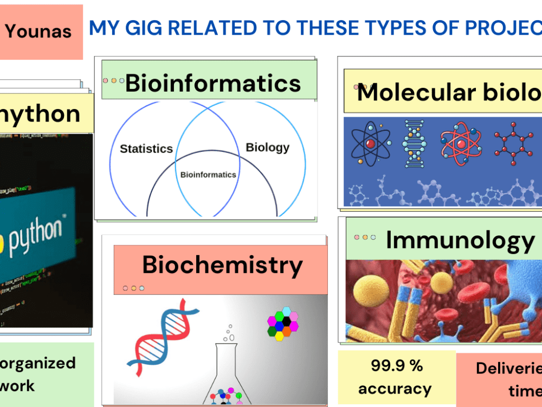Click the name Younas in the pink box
pyautogui.click(x=38, y=31)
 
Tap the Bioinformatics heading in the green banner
pyautogui.click(x=212, y=84)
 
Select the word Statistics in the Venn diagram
pyautogui.click(x=146, y=149)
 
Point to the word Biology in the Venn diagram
pyautogui.click(x=267, y=147)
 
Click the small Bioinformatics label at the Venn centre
pyautogui.click(x=208, y=175)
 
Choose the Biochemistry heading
pyautogui.click(x=222, y=265)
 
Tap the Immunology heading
pyautogui.click(x=460, y=240)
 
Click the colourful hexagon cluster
pyautogui.click(x=282, y=324)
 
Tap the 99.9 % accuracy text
pyautogui.click(x=396, y=377)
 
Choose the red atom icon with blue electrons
pyautogui.click(x=460, y=142)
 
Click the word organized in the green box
pyautogui.click(x=38, y=363)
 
